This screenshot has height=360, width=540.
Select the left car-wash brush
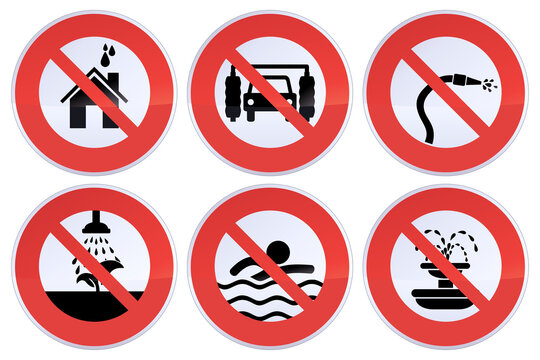[233, 93]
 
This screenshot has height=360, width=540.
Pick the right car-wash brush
[308, 93]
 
